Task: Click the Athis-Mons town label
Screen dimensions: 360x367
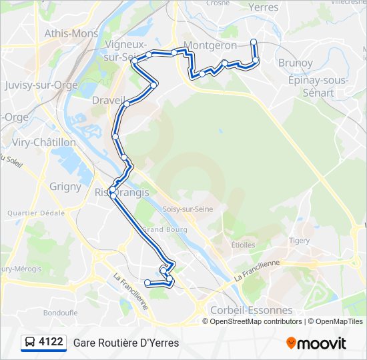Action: point(71,33)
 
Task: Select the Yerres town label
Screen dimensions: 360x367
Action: point(263,7)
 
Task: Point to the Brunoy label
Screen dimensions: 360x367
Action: point(295,63)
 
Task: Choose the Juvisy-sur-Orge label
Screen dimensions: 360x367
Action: point(41,85)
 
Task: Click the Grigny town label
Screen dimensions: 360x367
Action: point(65,187)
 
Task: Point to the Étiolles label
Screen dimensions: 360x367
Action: point(244,245)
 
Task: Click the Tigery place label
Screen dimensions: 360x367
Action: point(300,241)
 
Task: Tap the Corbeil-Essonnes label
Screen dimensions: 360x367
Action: point(251,310)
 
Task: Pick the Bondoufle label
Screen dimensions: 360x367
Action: point(61,312)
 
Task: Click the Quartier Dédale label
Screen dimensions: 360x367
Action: point(35,213)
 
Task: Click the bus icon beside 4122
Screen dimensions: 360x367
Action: point(29,343)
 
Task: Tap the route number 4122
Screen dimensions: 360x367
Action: point(51,343)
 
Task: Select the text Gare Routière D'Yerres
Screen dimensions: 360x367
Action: point(126,343)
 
